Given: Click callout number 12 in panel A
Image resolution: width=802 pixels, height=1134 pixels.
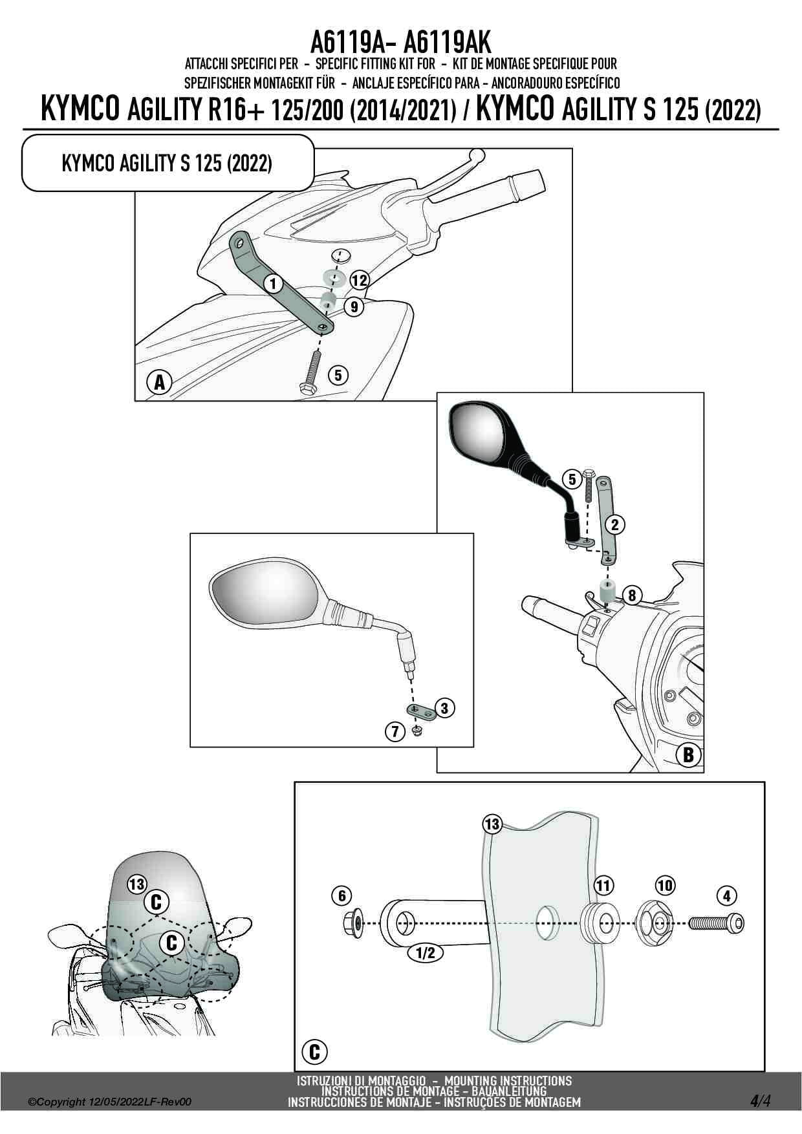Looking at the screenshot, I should (359, 281).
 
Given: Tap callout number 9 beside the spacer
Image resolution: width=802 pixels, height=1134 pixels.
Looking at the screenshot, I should (354, 306).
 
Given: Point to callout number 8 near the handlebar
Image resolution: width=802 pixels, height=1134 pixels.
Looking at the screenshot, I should (632, 594).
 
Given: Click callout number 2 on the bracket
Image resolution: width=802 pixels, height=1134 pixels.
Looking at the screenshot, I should (614, 524).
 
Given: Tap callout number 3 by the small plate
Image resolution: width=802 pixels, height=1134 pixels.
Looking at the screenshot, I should (444, 708).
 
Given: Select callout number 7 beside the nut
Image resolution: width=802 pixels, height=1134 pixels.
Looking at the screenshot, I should (395, 732).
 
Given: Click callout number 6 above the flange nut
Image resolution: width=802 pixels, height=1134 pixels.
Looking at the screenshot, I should (341, 895).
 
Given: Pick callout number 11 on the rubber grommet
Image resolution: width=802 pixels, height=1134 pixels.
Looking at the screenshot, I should (603, 885).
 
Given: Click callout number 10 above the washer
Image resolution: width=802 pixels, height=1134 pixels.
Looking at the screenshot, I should (665, 885).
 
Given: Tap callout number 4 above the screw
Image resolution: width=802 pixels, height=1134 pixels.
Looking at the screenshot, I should (727, 896).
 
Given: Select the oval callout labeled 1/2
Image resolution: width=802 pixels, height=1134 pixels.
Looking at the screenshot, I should (425, 952).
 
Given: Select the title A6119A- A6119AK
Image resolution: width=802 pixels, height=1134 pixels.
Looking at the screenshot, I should (400, 43).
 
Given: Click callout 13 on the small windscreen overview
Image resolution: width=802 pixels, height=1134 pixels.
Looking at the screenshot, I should (137, 884).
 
